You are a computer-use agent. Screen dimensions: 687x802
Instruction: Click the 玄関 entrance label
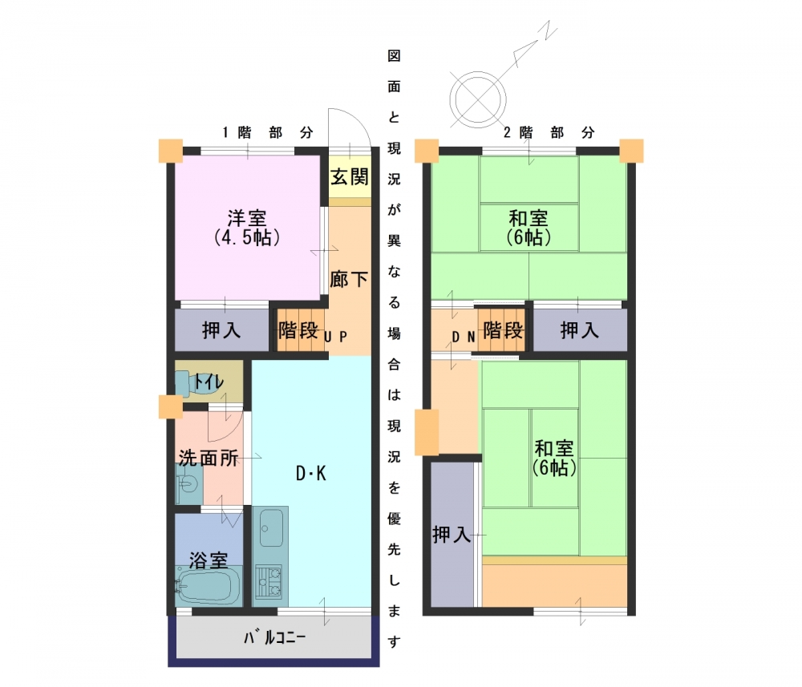pos(350,177)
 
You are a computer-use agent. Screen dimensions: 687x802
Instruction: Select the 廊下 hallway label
pos(350,280)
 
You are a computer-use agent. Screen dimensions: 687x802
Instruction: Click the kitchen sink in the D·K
pos(271,527)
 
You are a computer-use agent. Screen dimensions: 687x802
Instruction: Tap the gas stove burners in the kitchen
pos(269,581)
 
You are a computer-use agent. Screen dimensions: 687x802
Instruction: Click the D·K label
pos(311,474)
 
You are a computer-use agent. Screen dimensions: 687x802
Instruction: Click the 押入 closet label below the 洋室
pos(221,330)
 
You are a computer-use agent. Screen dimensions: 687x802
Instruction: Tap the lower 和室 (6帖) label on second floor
pos(554,458)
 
